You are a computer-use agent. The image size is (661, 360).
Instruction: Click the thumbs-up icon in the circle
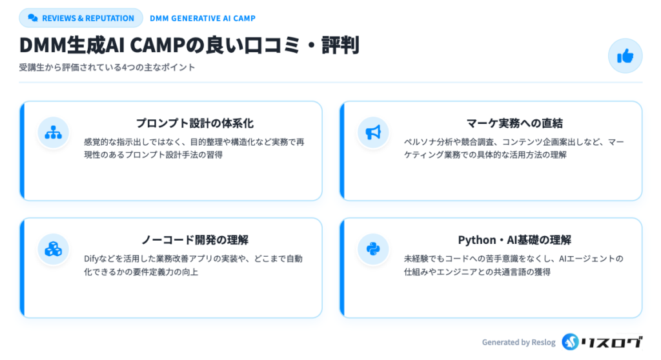[x=625, y=55]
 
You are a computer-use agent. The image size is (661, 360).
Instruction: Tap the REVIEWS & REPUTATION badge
[x=81, y=18]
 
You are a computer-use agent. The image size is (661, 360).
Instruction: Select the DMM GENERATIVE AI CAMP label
[x=202, y=19]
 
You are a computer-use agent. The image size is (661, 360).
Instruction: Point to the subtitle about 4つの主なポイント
[x=107, y=68]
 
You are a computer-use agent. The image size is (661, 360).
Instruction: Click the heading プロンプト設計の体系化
[x=195, y=123]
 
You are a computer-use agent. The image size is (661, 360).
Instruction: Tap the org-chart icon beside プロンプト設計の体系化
[x=54, y=132]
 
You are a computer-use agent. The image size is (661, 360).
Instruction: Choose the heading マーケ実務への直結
[x=514, y=123]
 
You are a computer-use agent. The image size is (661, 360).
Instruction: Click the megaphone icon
[x=373, y=132]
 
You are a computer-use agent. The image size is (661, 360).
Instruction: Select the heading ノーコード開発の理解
[x=195, y=240]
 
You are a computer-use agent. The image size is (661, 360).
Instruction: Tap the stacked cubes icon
[x=54, y=249]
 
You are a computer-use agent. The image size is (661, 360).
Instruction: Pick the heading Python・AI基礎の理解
[x=514, y=240]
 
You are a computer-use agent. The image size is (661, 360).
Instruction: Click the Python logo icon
[x=373, y=249]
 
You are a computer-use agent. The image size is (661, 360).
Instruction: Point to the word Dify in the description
[x=91, y=259]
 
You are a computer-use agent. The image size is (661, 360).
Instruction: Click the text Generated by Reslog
[x=518, y=343]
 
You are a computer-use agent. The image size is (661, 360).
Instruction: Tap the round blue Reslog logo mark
[x=571, y=342]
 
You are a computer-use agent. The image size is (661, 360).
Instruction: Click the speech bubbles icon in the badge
[x=33, y=18]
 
